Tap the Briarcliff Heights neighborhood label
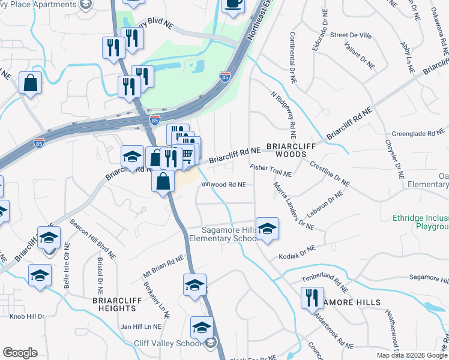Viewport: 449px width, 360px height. coord(115,304)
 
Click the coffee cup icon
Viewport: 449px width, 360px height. coord(233,4)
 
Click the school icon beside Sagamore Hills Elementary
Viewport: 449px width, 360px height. coord(267,228)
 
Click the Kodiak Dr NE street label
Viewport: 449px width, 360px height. coord(297,253)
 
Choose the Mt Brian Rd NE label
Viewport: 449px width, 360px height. coord(163,268)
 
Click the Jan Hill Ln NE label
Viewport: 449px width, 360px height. coord(141,326)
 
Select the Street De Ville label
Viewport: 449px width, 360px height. coord(351,35)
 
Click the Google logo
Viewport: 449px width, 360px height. coord(20,353)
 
